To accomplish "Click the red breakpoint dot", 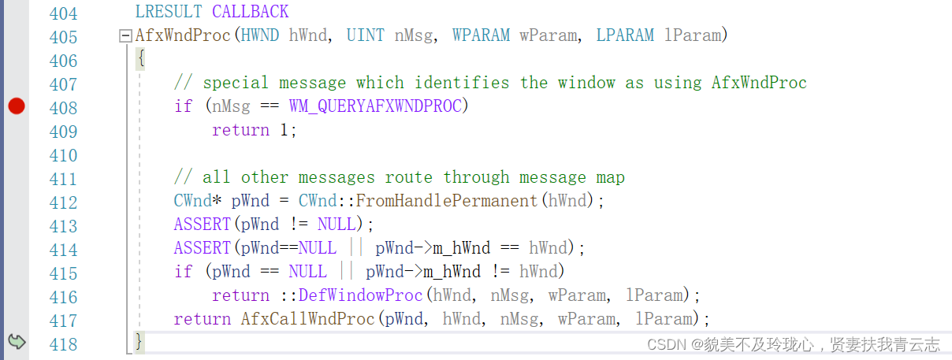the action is [x=17, y=106].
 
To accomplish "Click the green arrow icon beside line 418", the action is [x=17, y=342].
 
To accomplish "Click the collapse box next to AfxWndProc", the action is [x=125, y=35].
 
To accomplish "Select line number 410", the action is [x=63, y=154].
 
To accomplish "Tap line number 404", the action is [x=63, y=13].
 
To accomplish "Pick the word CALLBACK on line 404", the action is [x=250, y=12].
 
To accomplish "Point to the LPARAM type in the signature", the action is [x=625, y=35].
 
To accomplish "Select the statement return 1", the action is [x=254, y=130].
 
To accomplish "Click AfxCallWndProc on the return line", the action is [x=308, y=319].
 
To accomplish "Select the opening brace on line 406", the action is [x=140, y=59].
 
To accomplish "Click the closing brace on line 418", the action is [x=139, y=342].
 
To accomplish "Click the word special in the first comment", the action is [x=236, y=83].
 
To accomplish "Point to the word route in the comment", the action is [x=409, y=177].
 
